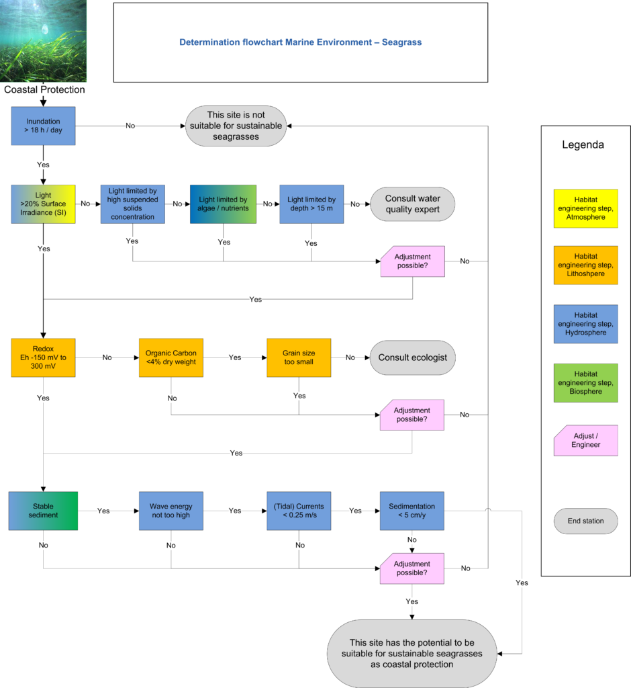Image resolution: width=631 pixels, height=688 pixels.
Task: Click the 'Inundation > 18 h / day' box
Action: pyautogui.click(x=43, y=126)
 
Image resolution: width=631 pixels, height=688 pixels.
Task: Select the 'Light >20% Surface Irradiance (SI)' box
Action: pyautogui.click(x=43, y=204)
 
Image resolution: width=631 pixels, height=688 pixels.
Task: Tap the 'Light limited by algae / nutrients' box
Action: pyautogui.click(x=223, y=204)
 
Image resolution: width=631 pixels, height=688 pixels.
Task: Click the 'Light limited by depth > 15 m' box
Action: pyautogui.click(x=311, y=204)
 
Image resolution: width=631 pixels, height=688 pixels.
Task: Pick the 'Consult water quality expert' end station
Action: pyautogui.click(x=413, y=204)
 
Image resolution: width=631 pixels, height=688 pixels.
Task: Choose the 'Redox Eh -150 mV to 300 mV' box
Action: pyautogui.click(x=43, y=357)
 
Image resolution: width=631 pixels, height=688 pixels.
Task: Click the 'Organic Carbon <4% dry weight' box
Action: pyautogui.click(x=171, y=357)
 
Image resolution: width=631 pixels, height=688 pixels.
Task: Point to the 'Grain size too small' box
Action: pyautogui.click(x=299, y=357)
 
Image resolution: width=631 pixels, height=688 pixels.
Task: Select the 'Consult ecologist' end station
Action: pyautogui.click(x=413, y=357)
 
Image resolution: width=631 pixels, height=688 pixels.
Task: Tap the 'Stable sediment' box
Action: pyautogui.click(x=43, y=511)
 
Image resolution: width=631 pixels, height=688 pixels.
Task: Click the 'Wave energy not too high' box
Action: pyautogui.click(x=171, y=511)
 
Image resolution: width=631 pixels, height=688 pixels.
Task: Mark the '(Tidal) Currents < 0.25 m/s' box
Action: pyautogui.click(x=299, y=511)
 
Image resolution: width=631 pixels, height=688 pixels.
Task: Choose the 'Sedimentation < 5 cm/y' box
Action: pyautogui.click(x=411, y=511)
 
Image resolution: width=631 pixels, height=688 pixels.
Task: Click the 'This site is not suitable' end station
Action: pyautogui.click(x=236, y=126)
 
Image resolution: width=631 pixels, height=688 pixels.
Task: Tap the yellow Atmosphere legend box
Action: pyautogui.click(x=586, y=208)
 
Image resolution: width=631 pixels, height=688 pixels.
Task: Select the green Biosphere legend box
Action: pyautogui.click(x=586, y=382)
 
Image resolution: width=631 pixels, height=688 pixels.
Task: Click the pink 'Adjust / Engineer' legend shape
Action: pyautogui.click(x=586, y=441)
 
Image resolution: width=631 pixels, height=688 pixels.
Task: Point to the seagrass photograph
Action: pyautogui.click(x=43, y=41)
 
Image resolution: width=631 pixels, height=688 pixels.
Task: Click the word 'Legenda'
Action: pyautogui.click(x=583, y=145)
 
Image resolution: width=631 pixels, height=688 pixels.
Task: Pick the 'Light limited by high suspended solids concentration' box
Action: pyautogui.click(x=132, y=204)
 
